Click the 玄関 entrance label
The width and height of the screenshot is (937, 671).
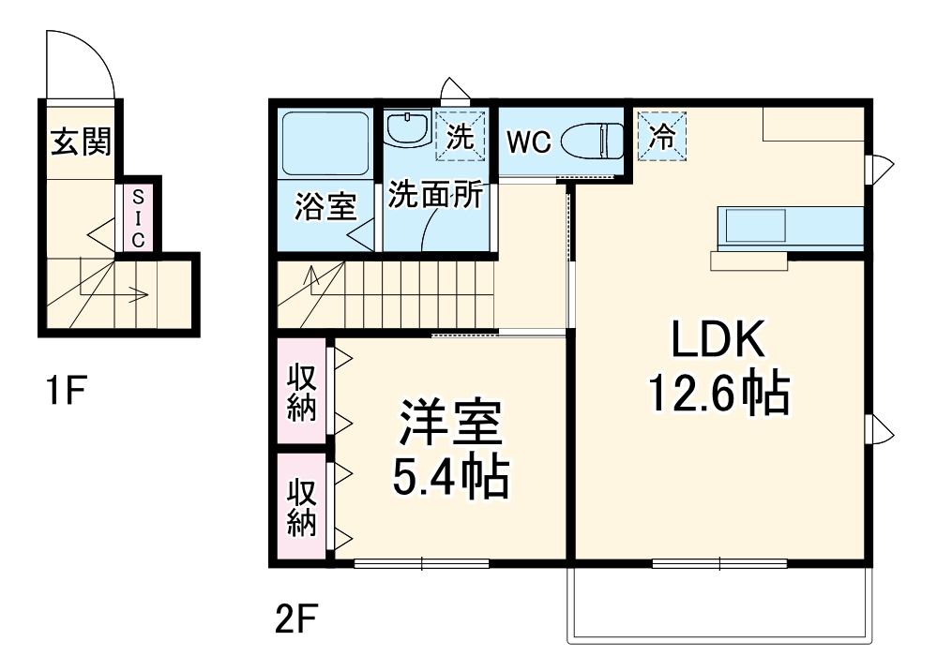[80, 142]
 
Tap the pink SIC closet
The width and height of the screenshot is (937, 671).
[138, 218]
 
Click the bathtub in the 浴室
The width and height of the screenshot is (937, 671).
[325, 144]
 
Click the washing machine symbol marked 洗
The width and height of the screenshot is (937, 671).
[460, 136]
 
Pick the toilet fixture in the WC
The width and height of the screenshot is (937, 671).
[592, 142]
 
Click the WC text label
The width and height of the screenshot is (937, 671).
[527, 143]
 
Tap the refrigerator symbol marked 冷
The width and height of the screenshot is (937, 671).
[662, 137]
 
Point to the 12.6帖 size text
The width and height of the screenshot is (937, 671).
[719, 395]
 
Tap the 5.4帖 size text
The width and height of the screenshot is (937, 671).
[450, 478]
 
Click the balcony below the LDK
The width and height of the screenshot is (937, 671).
[719, 605]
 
